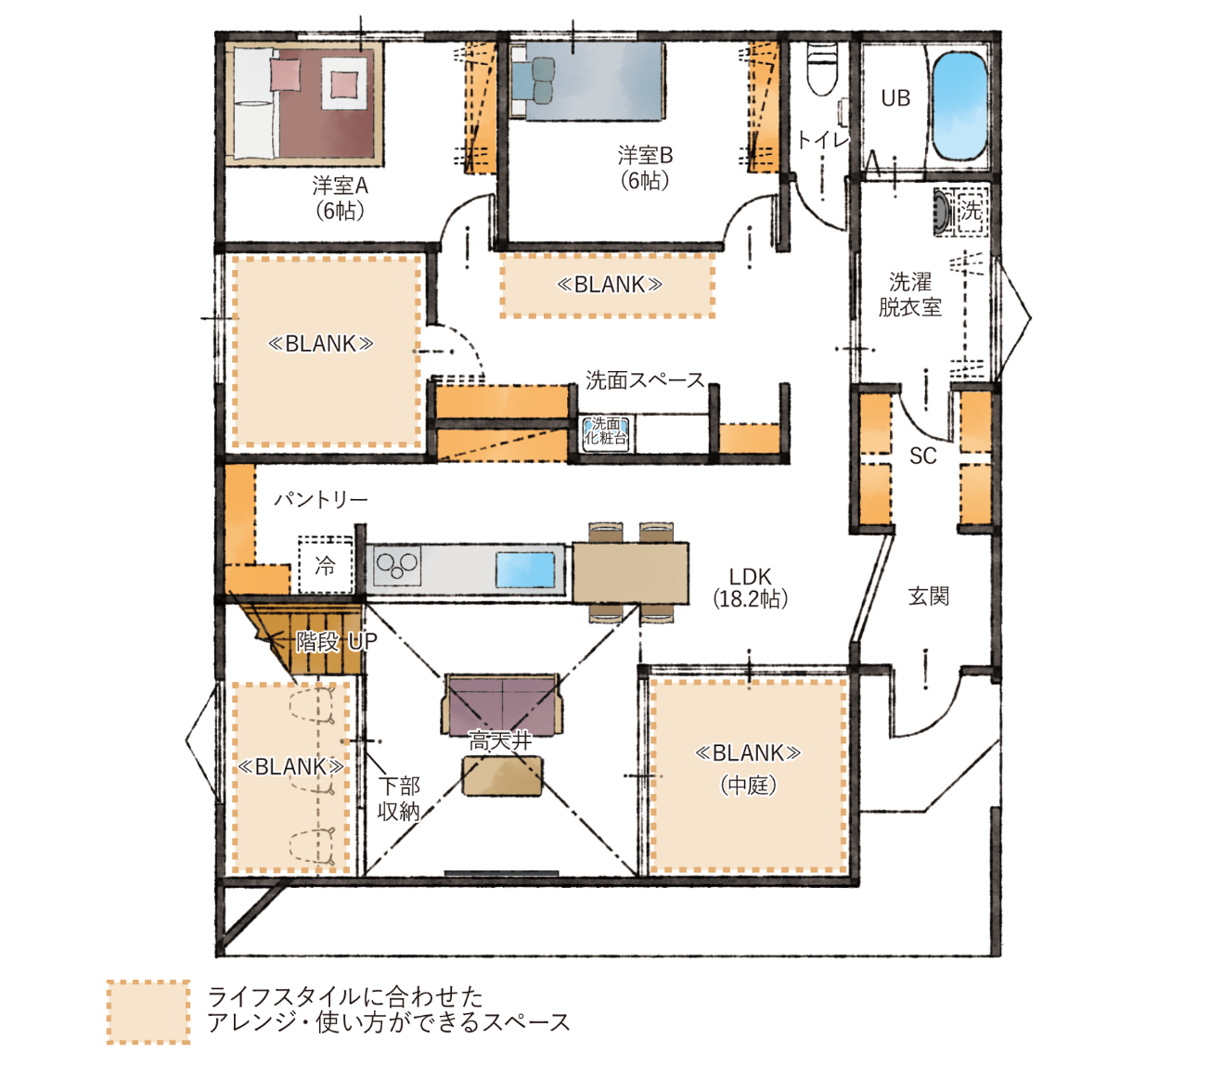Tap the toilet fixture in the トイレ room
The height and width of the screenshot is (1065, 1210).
point(822,70)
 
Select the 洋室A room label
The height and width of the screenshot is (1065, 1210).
point(340,186)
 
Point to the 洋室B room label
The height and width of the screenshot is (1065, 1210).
point(645,155)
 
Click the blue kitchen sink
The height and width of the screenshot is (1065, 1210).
point(525,570)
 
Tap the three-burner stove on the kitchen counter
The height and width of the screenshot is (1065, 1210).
point(397,566)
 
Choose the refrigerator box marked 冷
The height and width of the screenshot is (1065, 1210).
point(326,564)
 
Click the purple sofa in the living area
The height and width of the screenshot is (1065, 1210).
point(502,705)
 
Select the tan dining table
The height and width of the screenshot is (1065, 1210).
point(631,572)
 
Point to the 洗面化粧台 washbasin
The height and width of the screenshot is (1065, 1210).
point(606,432)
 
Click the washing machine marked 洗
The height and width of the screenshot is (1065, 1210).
point(961,212)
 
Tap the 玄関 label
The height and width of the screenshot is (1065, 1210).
point(929,597)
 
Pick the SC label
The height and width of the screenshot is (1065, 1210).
point(922,457)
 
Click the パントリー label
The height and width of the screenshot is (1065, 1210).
point(321,499)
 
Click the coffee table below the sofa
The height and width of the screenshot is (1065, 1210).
point(502,776)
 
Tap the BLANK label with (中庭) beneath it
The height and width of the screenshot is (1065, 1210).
point(748,753)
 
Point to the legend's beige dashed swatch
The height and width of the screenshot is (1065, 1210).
point(148,1012)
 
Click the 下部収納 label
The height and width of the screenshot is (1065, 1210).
point(399,799)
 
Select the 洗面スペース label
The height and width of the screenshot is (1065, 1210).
point(645,380)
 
